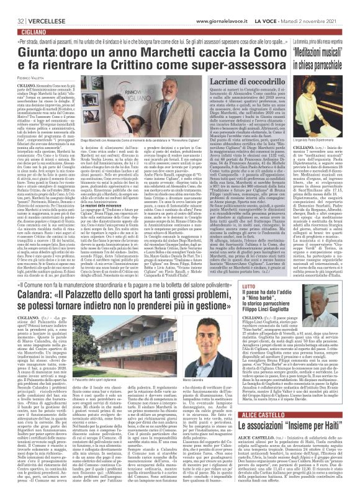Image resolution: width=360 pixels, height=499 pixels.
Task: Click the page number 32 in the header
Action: coord(12,6)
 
